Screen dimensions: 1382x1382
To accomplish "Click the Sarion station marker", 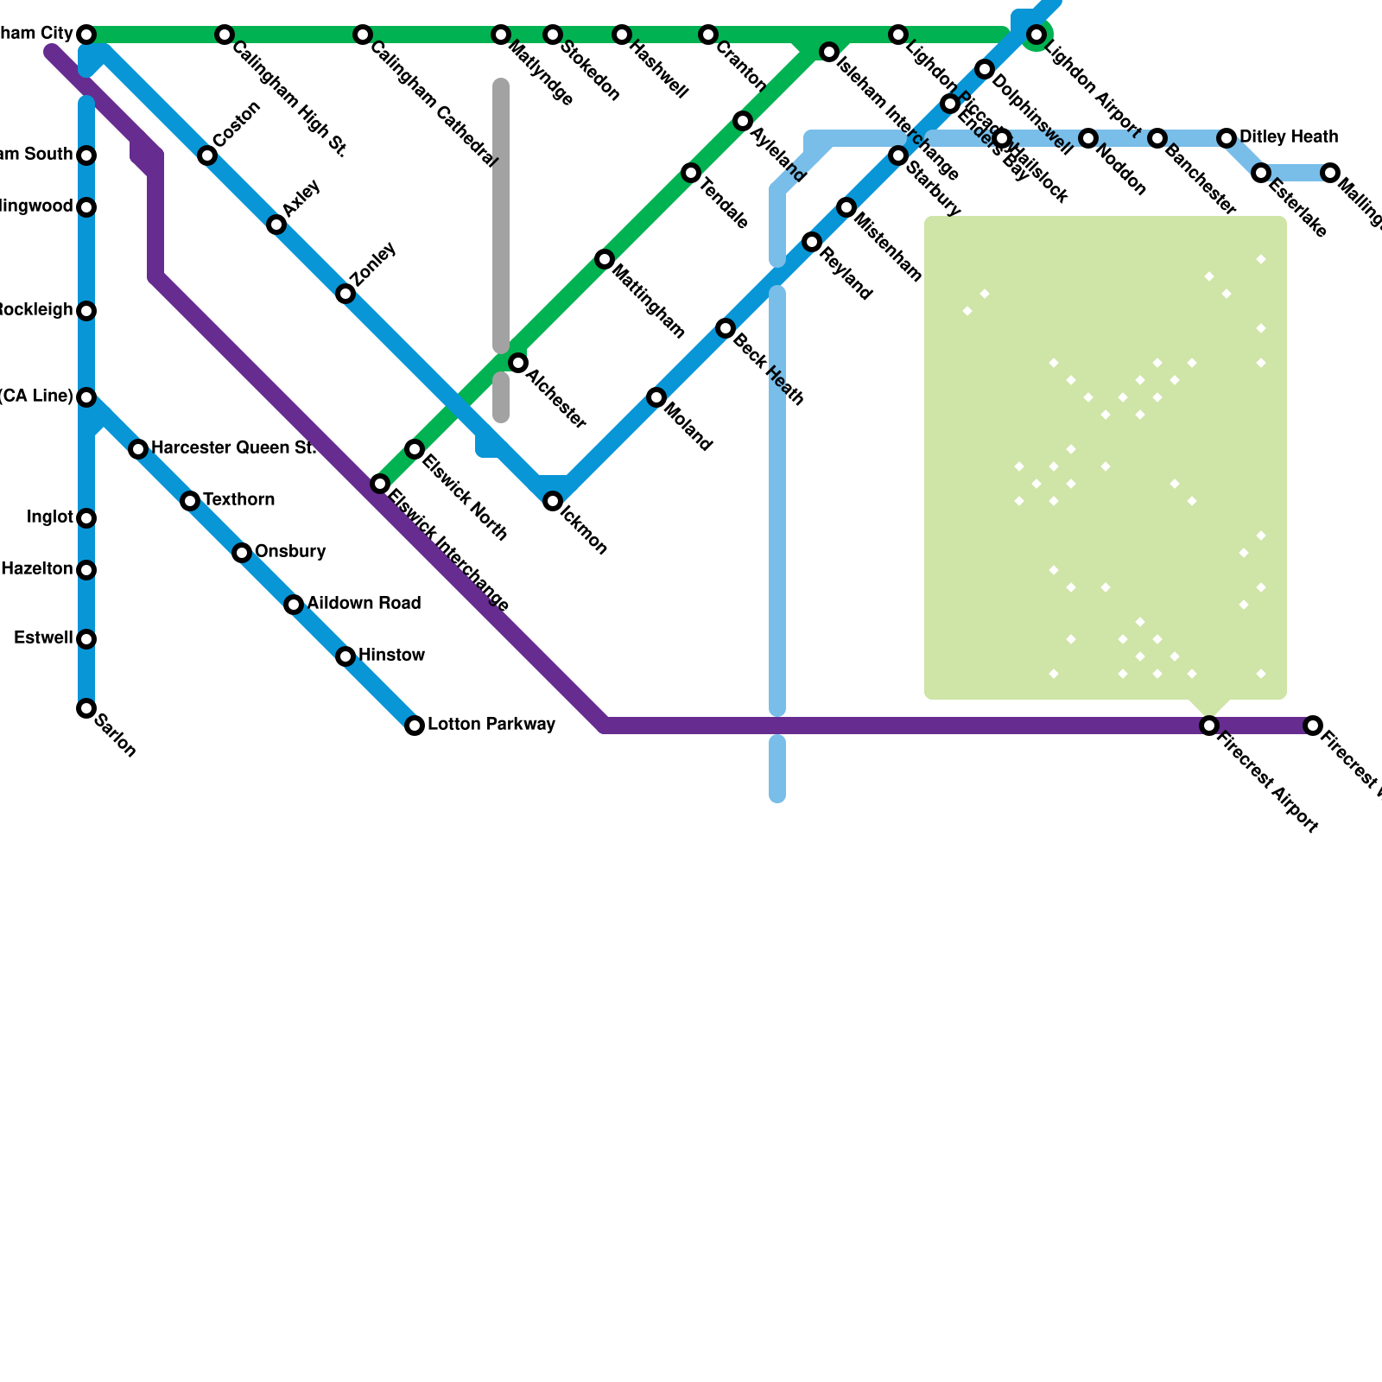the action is click(x=86, y=708).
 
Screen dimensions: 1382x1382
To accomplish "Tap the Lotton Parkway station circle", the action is click(x=415, y=726).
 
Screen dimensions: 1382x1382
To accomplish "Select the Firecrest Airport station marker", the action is click(x=1209, y=726).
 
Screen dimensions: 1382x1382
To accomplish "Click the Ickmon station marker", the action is click(x=553, y=501).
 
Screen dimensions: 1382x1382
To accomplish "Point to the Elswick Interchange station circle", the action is click(x=380, y=484).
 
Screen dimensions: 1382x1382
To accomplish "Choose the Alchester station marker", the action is click(x=518, y=363).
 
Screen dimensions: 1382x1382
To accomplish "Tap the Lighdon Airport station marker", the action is click(x=1036, y=35).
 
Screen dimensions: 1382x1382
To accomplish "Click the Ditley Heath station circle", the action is click(x=1227, y=138).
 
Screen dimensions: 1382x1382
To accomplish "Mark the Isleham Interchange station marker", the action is click(x=829, y=52).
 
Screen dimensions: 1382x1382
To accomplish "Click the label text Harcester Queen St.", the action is click(x=233, y=447).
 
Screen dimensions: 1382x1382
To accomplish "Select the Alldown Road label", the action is click(x=364, y=603).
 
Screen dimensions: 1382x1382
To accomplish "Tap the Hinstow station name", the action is click(x=391, y=655).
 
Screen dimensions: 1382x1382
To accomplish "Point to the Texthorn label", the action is click(x=238, y=499).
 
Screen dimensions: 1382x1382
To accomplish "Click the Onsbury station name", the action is click(x=290, y=551).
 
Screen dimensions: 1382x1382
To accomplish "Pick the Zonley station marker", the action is click(x=345, y=295).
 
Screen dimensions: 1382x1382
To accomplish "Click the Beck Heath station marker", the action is click(x=726, y=328).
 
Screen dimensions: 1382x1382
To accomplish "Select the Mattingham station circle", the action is click(x=605, y=259).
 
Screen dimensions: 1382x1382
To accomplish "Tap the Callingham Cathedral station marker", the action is click(x=363, y=35).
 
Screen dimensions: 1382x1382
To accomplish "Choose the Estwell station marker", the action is click(x=86, y=639).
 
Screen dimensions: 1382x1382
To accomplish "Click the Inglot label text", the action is click(x=49, y=517).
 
